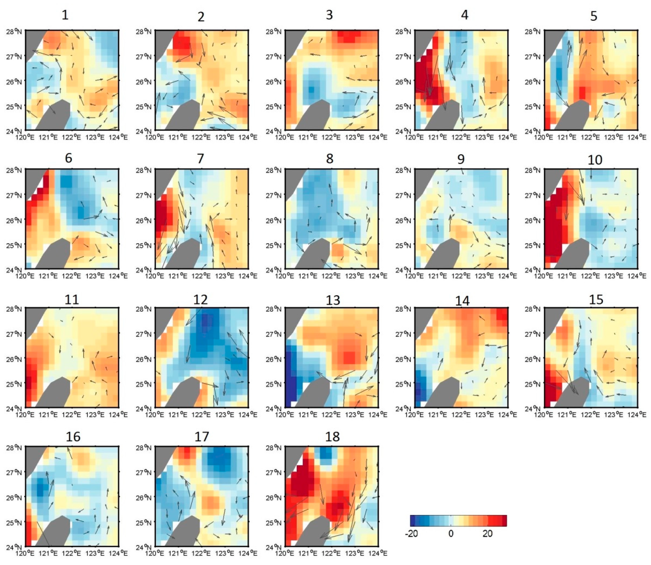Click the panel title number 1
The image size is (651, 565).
(x=65, y=15)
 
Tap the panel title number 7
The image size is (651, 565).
(x=200, y=159)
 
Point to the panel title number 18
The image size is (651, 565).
(x=332, y=437)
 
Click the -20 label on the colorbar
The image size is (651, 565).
(x=411, y=533)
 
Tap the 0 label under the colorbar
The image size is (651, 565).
(x=451, y=533)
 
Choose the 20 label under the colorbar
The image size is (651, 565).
(x=487, y=533)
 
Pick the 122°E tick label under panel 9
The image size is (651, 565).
(x=462, y=276)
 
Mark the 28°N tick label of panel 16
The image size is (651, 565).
(x=14, y=448)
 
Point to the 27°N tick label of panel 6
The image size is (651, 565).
(x=14, y=195)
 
